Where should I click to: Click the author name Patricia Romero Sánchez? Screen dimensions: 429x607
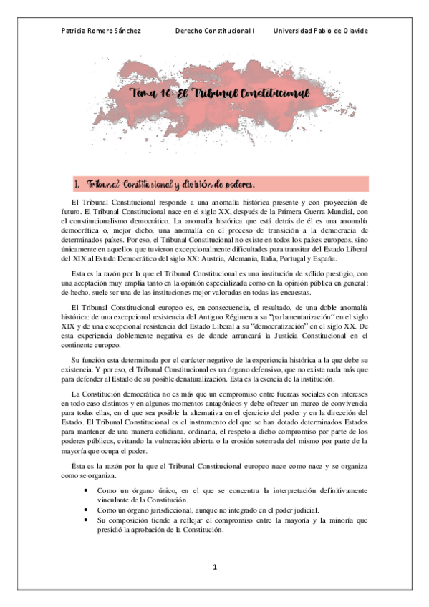click(102, 31)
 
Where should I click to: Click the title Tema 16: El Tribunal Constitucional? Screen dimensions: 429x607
click(218, 93)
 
